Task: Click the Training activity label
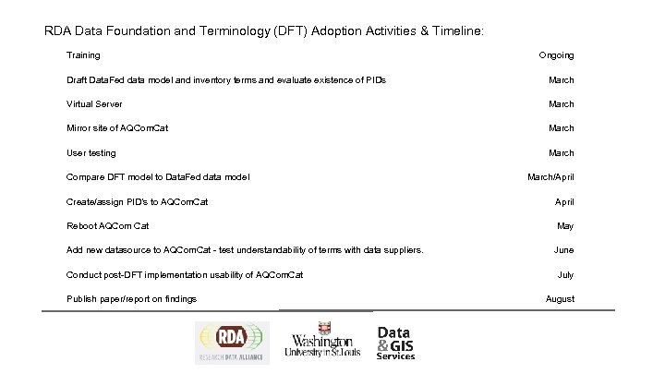(83, 55)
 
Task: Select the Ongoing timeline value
(556, 55)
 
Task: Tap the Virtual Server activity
(94, 104)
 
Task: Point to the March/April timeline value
(550, 176)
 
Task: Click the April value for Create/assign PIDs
(564, 200)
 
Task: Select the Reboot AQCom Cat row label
(108, 225)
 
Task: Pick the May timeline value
(565, 225)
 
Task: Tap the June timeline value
(563, 249)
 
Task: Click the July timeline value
(565, 274)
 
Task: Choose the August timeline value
(560, 298)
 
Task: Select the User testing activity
(91, 152)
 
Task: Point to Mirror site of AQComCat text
(117, 128)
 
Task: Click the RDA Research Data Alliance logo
(231, 343)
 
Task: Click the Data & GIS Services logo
(396, 343)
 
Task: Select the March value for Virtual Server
(561, 104)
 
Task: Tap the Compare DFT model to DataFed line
(158, 176)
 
